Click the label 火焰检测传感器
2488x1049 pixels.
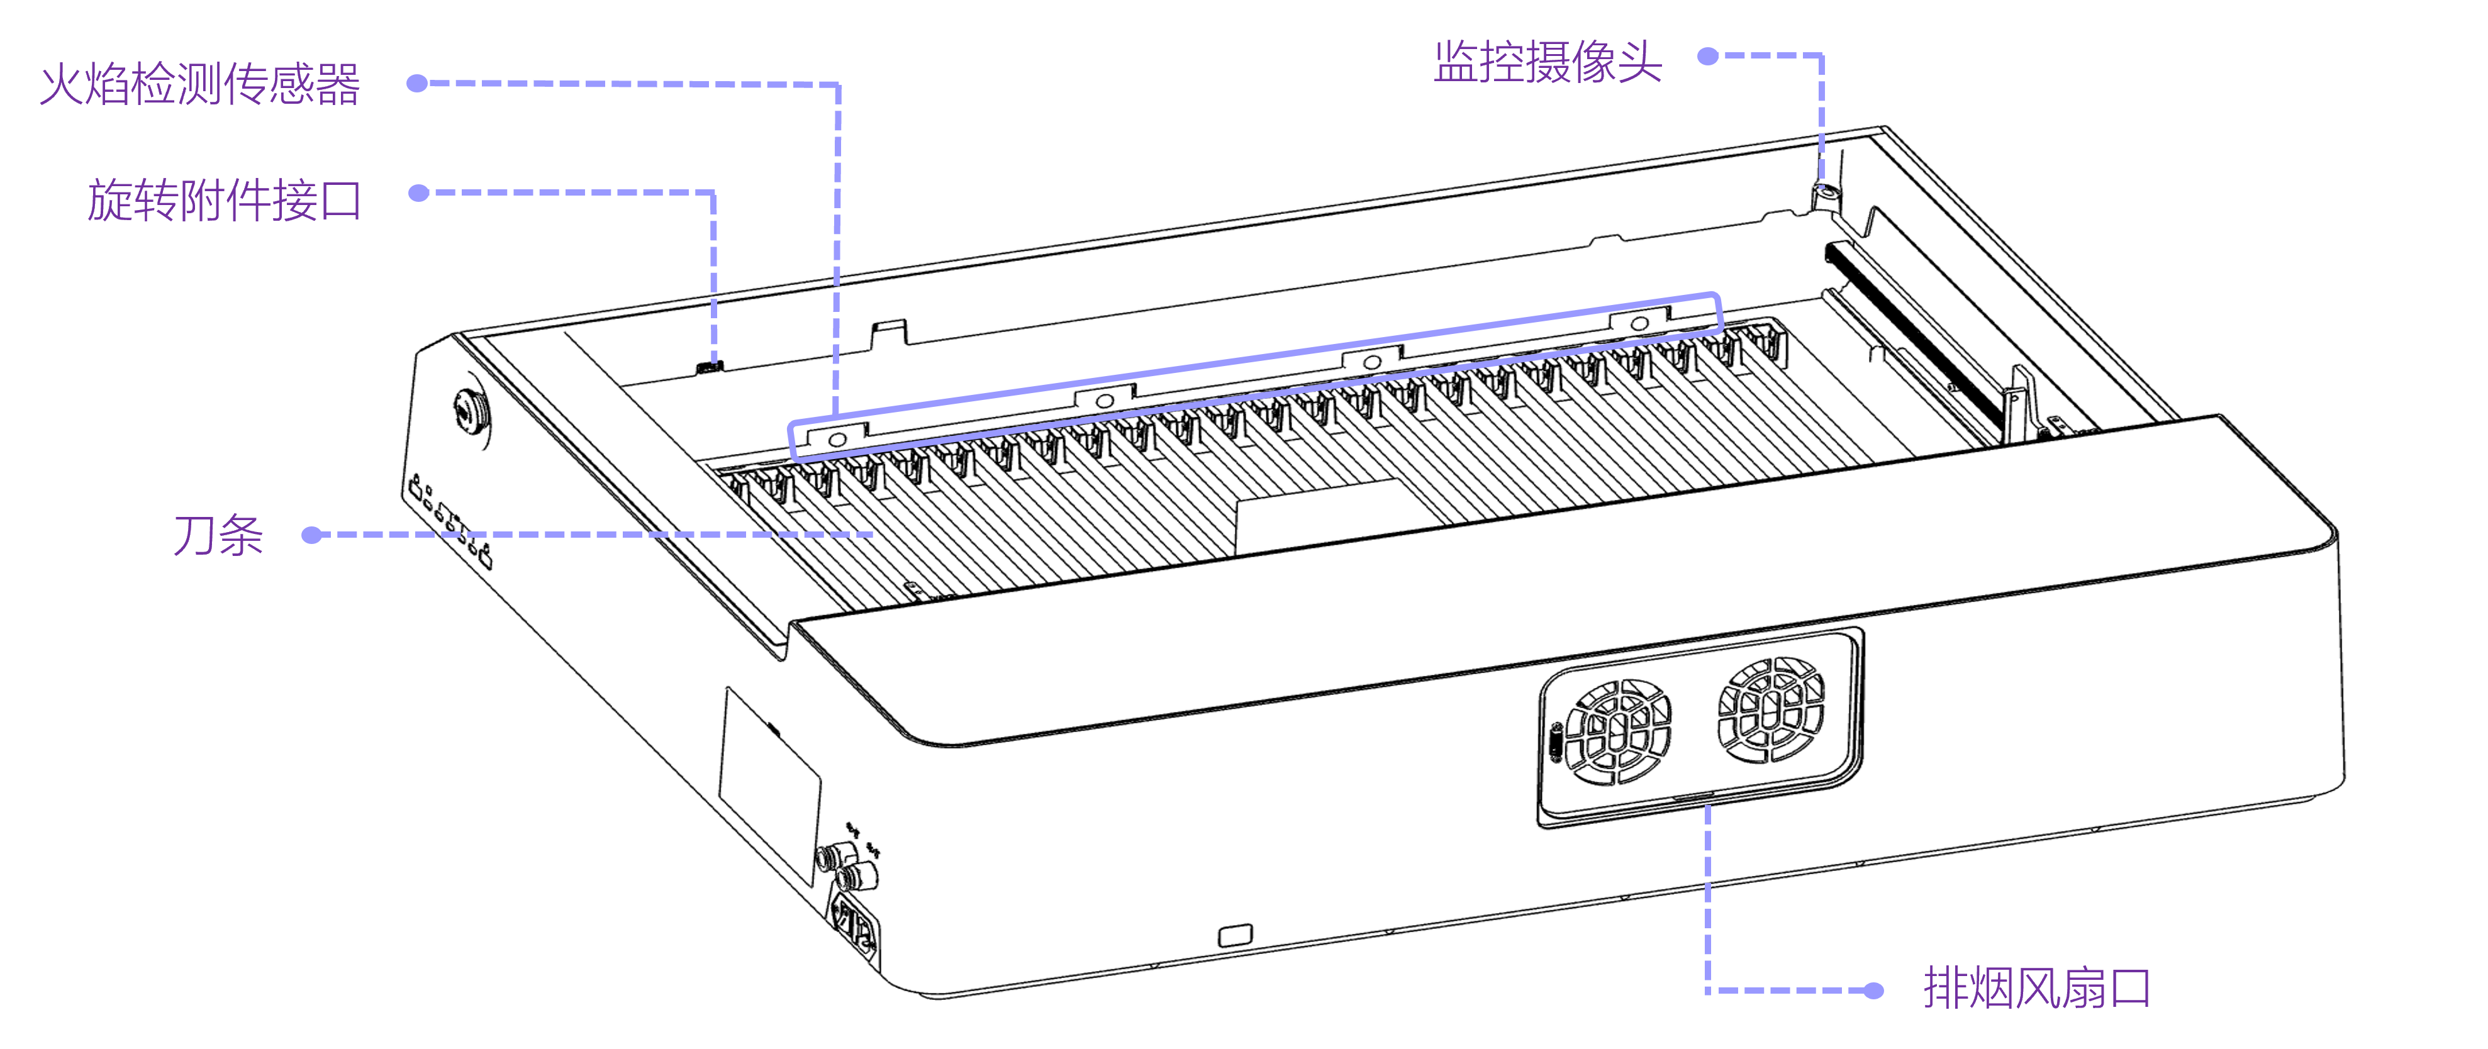(200, 84)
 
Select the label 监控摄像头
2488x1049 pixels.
(1548, 62)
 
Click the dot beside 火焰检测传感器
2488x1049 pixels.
(417, 84)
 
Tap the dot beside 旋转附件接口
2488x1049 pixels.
(418, 193)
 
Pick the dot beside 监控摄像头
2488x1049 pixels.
(1707, 56)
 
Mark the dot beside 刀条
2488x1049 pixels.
(311, 534)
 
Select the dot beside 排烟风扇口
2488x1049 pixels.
(1874, 990)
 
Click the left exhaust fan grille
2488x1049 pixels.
(1618, 731)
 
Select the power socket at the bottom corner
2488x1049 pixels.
(856, 927)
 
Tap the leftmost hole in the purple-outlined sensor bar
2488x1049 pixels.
(837, 440)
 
